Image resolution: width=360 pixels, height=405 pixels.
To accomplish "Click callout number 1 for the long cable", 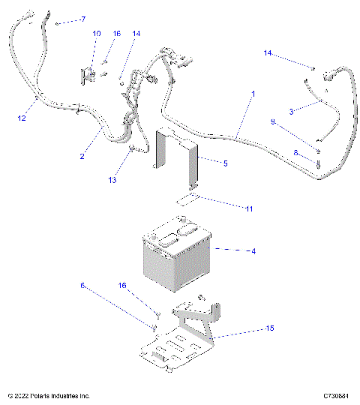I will [x=253, y=94].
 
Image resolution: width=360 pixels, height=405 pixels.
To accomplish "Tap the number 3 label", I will [x=290, y=111].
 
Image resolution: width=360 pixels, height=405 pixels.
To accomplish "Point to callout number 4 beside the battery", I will [x=253, y=251].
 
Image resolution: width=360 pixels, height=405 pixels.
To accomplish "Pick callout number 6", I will [x=82, y=286].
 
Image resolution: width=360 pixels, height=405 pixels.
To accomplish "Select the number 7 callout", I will [x=82, y=19].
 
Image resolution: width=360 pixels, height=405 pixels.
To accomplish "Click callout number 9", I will [x=272, y=122].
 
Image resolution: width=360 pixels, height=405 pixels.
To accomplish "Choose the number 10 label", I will [x=96, y=34].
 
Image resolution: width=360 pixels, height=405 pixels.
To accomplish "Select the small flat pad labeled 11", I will [x=187, y=199].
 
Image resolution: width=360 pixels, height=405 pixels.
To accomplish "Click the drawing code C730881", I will [x=338, y=395].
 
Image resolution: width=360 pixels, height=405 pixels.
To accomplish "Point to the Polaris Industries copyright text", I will [x=49, y=395].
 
